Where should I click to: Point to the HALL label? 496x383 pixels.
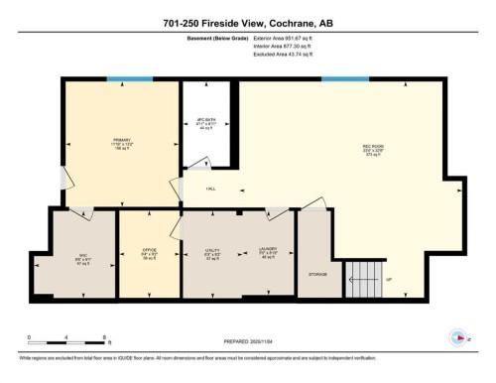(x=210, y=189)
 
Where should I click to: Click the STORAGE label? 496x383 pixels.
(x=317, y=273)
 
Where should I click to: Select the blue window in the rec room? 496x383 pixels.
(x=344, y=79)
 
